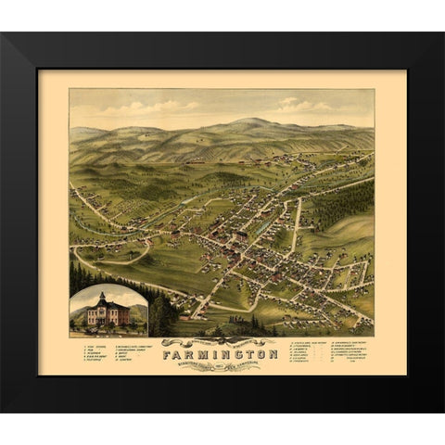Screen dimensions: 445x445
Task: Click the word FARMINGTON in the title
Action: pos(221,352)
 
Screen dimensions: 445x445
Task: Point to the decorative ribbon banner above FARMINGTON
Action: pos(221,341)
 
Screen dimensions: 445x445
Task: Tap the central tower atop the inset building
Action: pos(102,299)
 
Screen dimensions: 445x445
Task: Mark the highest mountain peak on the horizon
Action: pos(243,121)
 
